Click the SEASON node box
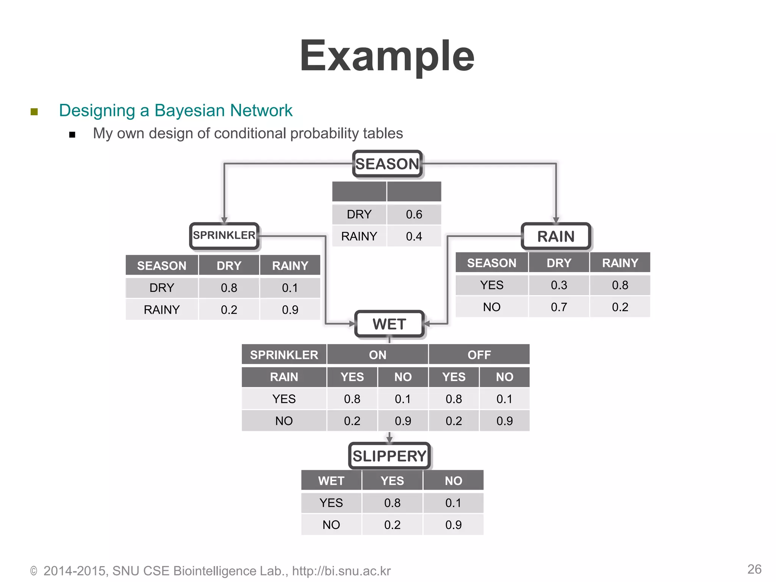[387, 164]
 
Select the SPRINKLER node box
[224, 236]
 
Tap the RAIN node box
[556, 236]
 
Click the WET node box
[389, 324]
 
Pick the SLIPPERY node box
[389, 456]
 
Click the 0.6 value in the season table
[414, 214]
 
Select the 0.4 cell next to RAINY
[414, 236]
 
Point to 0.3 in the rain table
[559, 285]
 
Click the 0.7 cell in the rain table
[559, 307]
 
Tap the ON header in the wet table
[377, 355]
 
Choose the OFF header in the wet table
[479, 355]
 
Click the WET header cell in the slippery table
[331, 481]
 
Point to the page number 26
[754, 569]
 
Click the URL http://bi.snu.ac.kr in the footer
[341, 571]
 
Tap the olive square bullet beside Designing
[34, 111]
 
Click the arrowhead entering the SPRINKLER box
[224, 220]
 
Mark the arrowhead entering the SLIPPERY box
[389, 440]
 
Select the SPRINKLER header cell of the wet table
[284, 355]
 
